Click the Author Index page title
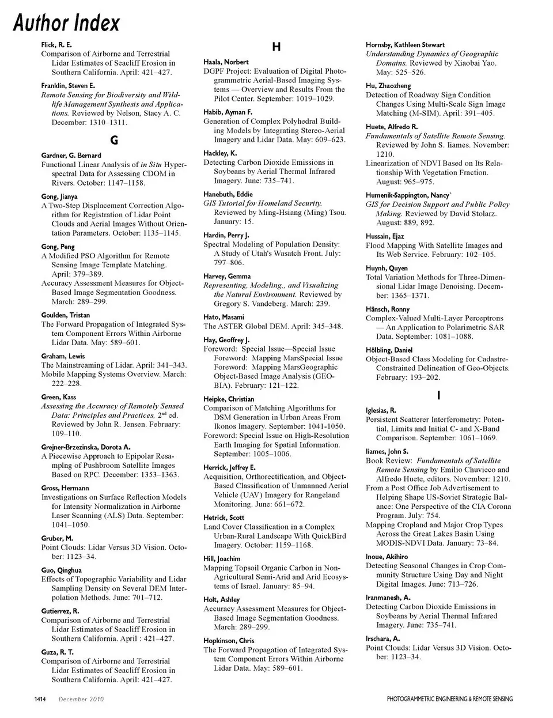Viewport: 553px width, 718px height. [x=66, y=23]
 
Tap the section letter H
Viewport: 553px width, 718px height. [x=276, y=47]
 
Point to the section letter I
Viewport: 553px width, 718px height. [x=439, y=395]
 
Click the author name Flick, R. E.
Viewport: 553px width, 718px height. [x=56, y=44]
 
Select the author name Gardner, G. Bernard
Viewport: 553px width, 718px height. [x=71, y=155]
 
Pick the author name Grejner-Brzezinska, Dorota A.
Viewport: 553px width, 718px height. [x=86, y=447]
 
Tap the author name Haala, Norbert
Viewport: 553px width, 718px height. [x=226, y=62]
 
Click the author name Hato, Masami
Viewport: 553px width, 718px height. [x=224, y=317]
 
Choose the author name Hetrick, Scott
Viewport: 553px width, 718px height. [x=224, y=517]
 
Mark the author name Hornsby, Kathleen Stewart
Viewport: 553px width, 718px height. [x=405, y=44]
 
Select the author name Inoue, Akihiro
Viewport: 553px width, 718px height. [x=387, y=557]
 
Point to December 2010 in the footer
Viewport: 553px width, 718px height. [x=81, y=700]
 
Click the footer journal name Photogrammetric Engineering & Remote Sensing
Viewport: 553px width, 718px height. [x=449, y=700]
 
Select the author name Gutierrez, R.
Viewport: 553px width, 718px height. [x=60, y=611]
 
